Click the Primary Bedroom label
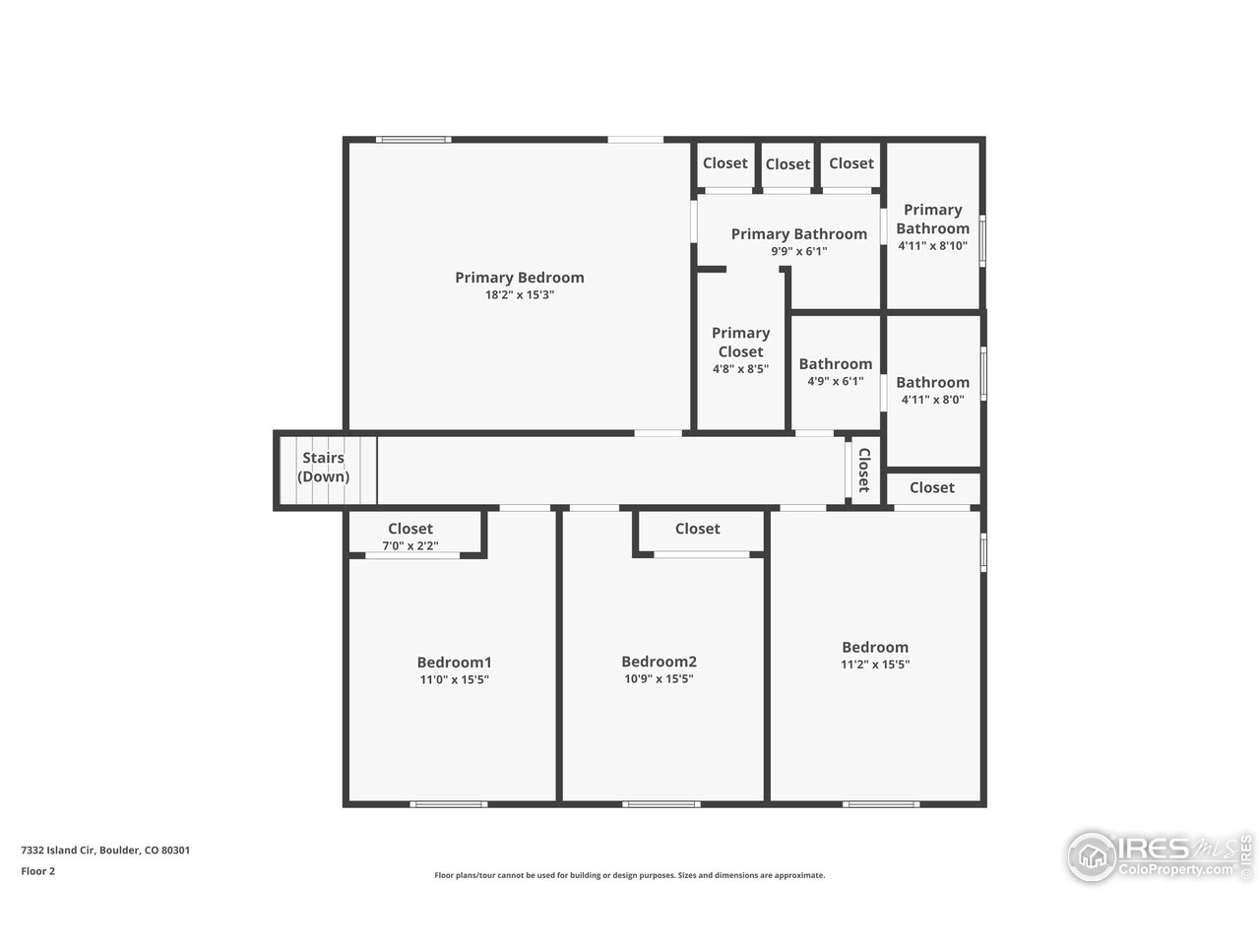pos(519,278)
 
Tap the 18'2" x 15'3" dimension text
pos(519,294)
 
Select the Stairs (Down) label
pos(323,468)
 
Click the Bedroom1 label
pos(454,662)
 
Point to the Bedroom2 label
pos(659,662)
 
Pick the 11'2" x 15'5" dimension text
pos(875,664)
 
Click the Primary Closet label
pos(740,343)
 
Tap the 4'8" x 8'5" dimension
pos(740,369)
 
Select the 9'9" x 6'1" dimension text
pos(798,251)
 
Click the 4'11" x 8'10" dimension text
pos(932,246)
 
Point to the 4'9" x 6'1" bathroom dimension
pos(835,381)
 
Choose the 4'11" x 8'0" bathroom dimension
pos(932,400)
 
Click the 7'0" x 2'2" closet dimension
pos(410,545)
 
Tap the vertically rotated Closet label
pos(863,471)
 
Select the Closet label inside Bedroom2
pos(697,529)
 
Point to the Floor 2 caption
pos(38,871)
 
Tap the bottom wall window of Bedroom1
pos(449,804)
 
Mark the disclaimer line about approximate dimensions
pos(630,875)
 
